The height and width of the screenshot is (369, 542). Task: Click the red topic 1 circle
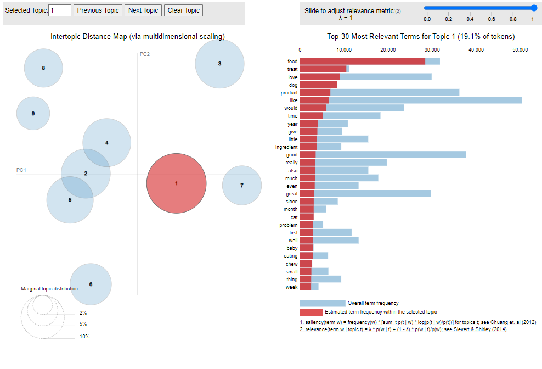(x=176, y=183)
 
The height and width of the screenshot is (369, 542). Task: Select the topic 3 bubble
(x=219, y=64)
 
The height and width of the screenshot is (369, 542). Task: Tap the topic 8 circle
(x=43, y=68)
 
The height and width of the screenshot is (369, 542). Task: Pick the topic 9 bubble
(x=33, y=114)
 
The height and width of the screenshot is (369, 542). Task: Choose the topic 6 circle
(x=91, y=284)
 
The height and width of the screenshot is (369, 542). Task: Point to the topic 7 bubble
(x=242, y=186)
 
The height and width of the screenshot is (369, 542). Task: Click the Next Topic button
(x=143, y=10)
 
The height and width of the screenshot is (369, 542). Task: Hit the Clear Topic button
(x=183, y=10)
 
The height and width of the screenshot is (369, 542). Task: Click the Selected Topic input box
(x=60, y=10)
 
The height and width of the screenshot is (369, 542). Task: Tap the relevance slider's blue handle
(x=533, y=8)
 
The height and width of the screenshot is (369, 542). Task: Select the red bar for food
(x=362, y=61)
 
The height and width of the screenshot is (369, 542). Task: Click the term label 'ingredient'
(x=286, y=147)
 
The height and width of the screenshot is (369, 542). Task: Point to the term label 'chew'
(x=291, y=264)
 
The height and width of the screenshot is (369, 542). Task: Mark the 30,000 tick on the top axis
(x=432, y=50)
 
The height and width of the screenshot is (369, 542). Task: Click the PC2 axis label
(x=145, y=54)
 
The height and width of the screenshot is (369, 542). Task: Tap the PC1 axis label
(x=21, y=170)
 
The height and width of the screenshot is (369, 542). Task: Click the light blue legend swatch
(x=323, y=303)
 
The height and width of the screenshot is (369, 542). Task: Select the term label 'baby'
(x=292, y=248)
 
